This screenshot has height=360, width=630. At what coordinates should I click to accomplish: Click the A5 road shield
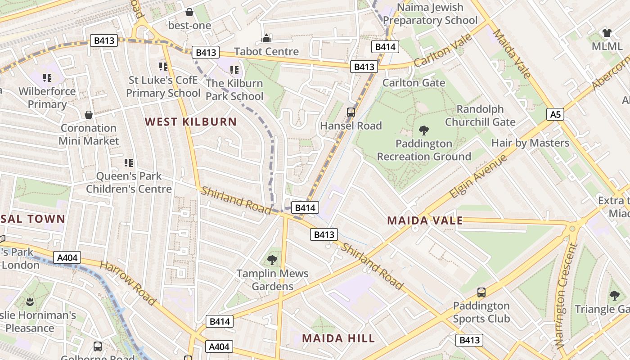click(556, 114)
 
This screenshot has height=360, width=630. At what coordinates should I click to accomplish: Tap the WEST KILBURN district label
click(191, 121)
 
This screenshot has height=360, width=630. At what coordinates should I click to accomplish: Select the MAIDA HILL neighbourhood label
click(338, 338)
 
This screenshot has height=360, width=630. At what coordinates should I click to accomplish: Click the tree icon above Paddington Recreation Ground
click(423, 131)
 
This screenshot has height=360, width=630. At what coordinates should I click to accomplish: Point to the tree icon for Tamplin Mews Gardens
click(272, 260)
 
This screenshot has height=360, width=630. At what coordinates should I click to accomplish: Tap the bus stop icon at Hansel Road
click(351, 112)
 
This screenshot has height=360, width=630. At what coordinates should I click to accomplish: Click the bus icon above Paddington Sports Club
click(481, 292)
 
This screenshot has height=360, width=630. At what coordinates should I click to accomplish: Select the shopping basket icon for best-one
click(189, 12)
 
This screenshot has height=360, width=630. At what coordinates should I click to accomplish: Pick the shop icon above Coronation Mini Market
click(89, 115)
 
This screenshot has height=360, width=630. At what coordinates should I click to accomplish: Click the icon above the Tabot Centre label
click(266, 38)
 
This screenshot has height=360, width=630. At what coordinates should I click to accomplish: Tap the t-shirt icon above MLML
click(607, 33)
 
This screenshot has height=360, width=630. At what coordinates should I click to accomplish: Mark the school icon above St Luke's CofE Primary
click(163, 67)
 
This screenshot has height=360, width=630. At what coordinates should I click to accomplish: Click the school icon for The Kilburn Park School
click(234, 70)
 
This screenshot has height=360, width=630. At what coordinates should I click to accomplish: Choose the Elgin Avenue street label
click(478, 176)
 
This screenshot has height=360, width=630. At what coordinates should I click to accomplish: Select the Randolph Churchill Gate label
click(480, 116)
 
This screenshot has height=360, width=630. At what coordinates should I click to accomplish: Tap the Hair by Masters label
click(530, 143)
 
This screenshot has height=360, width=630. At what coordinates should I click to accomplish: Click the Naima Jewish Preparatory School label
click(430, 14)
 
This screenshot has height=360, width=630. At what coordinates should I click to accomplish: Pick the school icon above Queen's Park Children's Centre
click(129, 162)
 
